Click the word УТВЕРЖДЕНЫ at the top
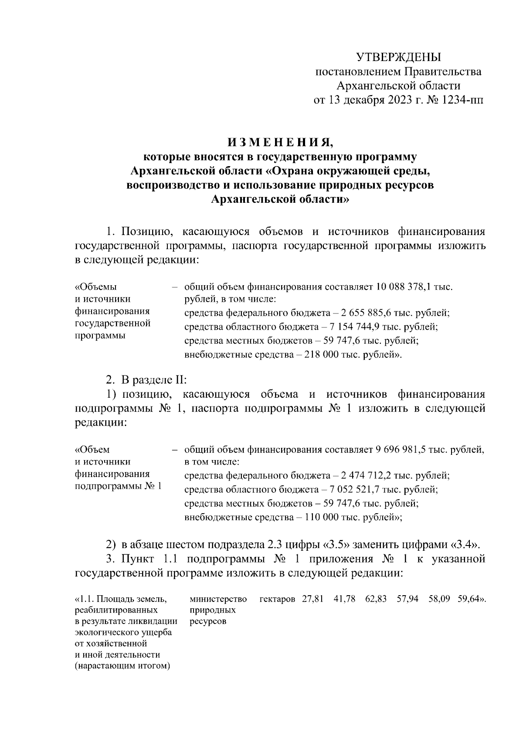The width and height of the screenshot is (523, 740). [x=398, y=57]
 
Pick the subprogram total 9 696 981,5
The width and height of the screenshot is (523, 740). [x=401, y=449]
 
